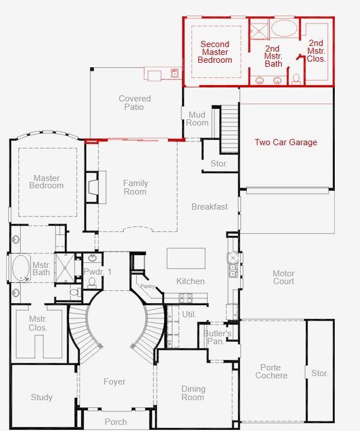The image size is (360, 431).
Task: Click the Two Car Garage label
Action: pos(286,142)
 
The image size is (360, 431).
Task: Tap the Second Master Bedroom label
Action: pos(214,52)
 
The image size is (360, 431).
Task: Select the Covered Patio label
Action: pos(134,103)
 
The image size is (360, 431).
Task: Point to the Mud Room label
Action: pos(197,119)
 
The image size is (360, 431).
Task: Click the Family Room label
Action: pos(135,187)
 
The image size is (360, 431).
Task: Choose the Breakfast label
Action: pos(209,207)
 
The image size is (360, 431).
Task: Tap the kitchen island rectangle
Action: pos(186,258)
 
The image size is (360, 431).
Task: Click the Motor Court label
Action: pos(283,277)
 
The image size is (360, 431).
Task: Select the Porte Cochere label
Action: pos(272,372)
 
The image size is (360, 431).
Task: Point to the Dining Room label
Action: pos(193,393)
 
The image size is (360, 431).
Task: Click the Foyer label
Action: pos(114,382)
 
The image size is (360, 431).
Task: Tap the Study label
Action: pos(41,397)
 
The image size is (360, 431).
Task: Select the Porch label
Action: pos(116,421)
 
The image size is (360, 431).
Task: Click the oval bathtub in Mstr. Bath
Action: pos(21,268)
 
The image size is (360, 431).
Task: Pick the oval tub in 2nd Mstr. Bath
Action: pos(284,29)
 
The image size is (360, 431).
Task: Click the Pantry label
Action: pos(147,286)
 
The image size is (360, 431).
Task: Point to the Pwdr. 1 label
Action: pos(98,271)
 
